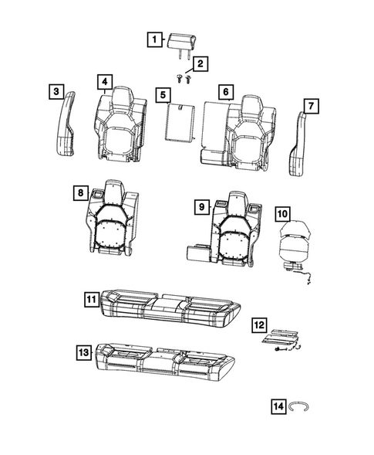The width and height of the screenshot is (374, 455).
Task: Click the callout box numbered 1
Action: click(x=154, y=39)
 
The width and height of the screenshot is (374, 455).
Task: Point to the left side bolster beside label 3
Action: click(x=66, y=124)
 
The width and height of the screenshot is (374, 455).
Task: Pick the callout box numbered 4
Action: click(x=103, y=81)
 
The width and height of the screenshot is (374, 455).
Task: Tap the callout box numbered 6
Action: click(x=225, y=92)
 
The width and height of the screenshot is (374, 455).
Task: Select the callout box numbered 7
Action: click(x=311, y=104)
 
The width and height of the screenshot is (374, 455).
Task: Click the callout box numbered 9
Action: click(x=199, y=206)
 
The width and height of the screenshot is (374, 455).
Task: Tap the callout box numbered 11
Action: click(x=90, y=298)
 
